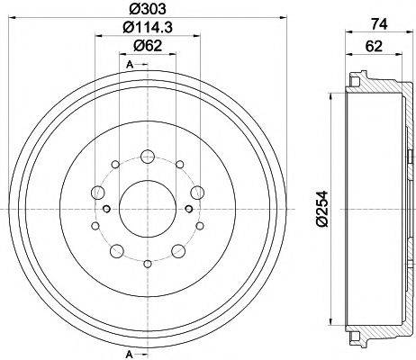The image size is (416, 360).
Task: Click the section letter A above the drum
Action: [x=131, y=63]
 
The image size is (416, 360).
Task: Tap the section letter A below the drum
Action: [x=131, y=350]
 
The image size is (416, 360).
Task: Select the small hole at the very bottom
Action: [x=147, y=263]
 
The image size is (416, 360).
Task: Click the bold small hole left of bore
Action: [x=107, y=209]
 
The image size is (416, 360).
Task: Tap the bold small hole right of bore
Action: [x=186, y=209]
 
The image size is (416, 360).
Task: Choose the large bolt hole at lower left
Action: [x=113, y=249]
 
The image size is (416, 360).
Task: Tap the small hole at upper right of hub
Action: [x=179, y=166]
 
